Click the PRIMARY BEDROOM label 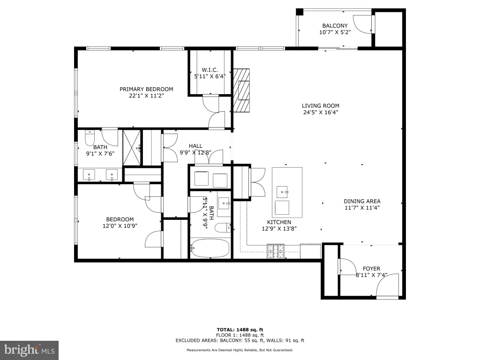click(146, 89)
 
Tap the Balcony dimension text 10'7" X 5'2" click(335, 32)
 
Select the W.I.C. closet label click(210, 70)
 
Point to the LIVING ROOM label click(321, 105)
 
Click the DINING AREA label click(362, 201)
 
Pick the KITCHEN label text click(279, 222)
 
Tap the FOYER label click(372, 269)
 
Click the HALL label click(195, 146)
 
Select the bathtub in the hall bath click(210, 248)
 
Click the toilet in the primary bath click(90, 138)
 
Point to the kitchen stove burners click(276, 251)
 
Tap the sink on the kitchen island click(282, 192)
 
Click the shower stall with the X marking click(132, 148)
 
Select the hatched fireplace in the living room click(241, 90)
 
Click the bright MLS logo click(29, 350)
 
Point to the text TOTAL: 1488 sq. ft click(240, 330)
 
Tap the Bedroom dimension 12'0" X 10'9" click(120, 226)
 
